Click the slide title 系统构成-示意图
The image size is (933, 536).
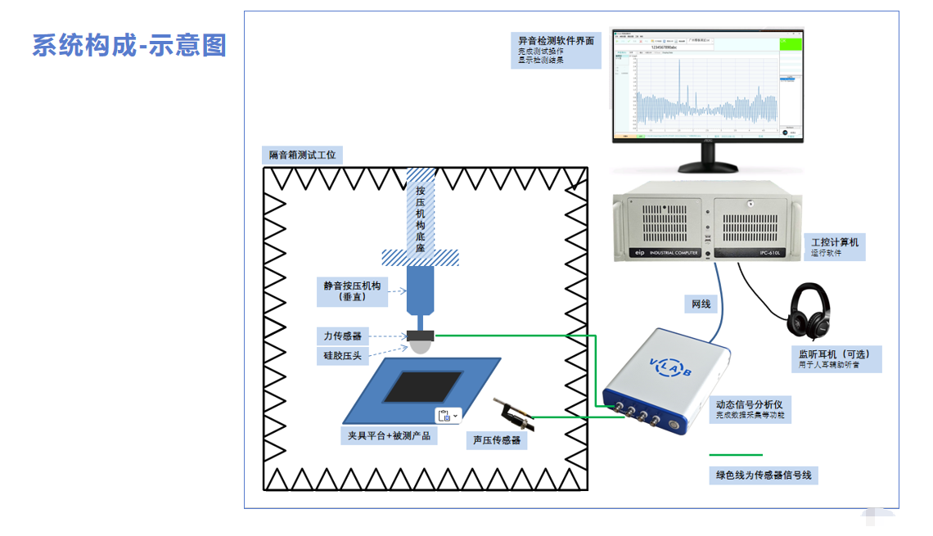point(129,45)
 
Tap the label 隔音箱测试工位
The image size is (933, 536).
point(302,155)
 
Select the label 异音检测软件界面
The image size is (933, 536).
point(556,40)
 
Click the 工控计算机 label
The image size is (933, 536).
point(834,243)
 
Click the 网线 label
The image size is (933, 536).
point(701,304)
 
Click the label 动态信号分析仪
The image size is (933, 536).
point(755,404)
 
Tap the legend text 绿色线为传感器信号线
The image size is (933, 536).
point(764,475)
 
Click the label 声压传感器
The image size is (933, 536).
point(498,440)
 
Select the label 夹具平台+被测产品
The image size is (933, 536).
point(388,436)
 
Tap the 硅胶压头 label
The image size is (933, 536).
point(342,355)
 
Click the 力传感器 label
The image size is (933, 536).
point(342,336)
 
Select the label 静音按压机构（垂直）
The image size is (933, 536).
point(352,291)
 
